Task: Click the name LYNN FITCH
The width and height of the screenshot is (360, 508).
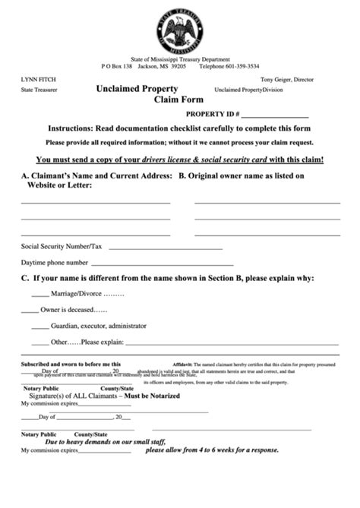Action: pos(38,79)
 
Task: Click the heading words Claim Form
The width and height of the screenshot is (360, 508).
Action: pos(176,99)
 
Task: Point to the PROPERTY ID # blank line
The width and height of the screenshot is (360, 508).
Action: pos(276,117)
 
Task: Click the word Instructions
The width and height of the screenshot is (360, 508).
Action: pos(74,130)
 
